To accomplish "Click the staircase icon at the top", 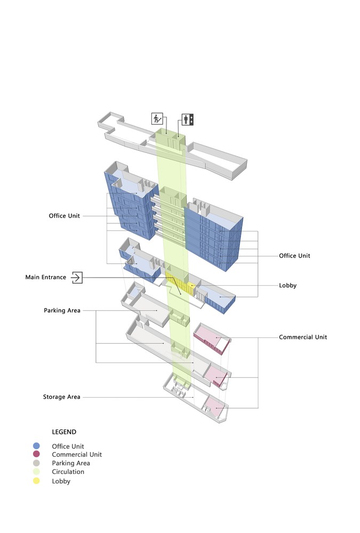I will click(157, 119).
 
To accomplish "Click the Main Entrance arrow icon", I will click(77, 277).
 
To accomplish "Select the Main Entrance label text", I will click(46, 277).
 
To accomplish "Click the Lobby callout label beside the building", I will click(287, 286).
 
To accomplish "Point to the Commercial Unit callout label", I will click(303, 337).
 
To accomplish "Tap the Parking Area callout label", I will click(62, 310).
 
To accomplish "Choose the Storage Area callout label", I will click(61, 397).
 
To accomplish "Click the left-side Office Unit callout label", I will click(64, 216).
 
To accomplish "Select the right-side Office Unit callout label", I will click(294, 256).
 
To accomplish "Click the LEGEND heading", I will click(64, 432).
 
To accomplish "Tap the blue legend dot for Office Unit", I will click(36, 446).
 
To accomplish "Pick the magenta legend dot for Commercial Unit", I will click(36, 455).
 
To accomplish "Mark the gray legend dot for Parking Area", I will click(36, 463).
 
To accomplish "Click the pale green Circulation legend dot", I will click(36, 472).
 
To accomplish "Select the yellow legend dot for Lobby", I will click(36, 481).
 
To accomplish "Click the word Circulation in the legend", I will click(68, 472).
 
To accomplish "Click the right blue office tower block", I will click(213, 235).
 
